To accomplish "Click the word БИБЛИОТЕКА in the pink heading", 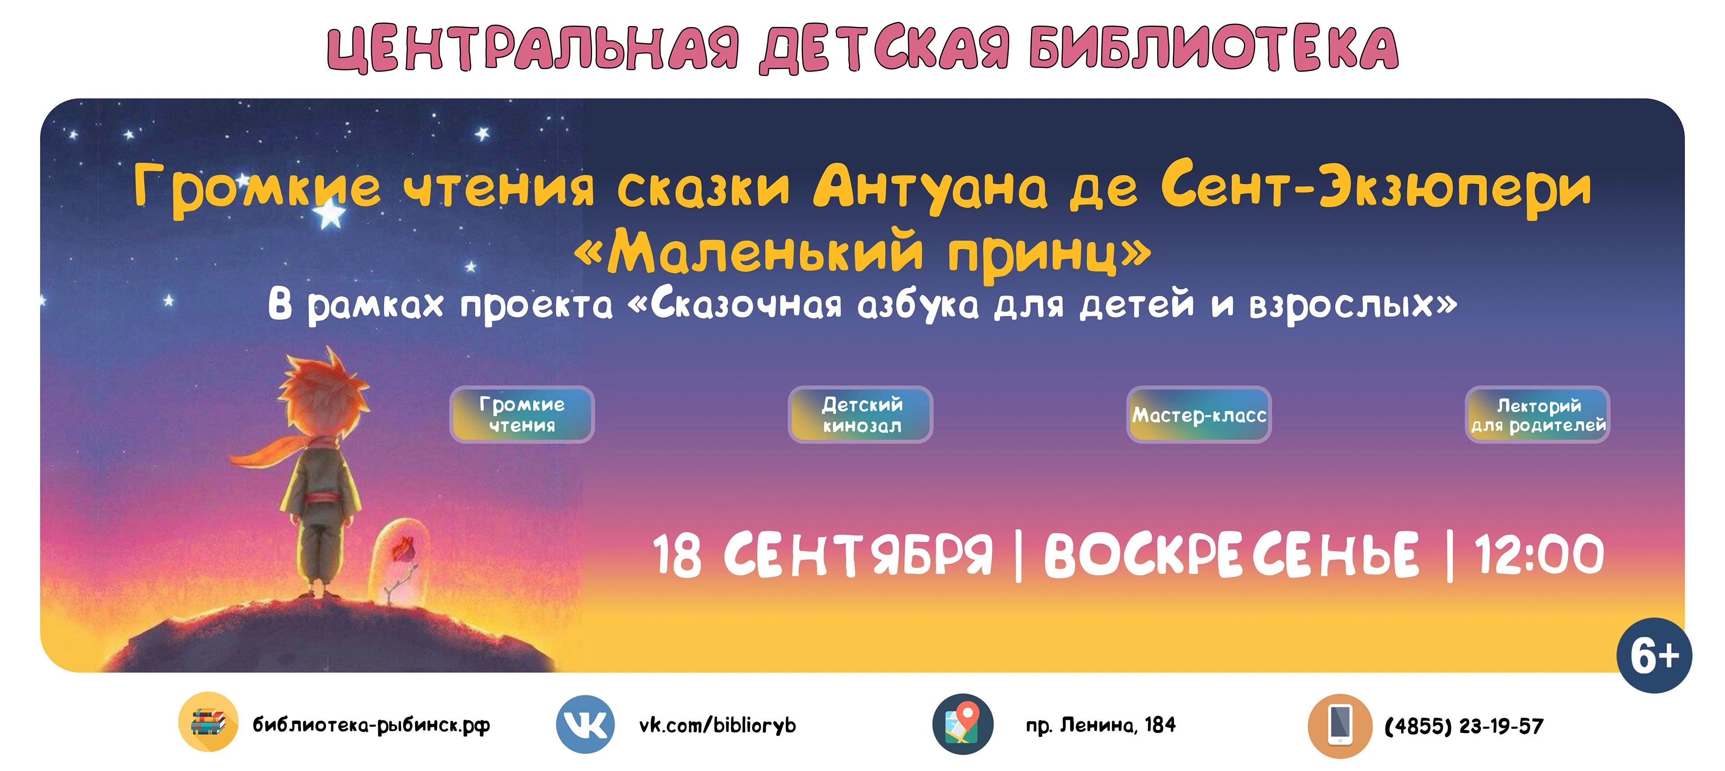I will tap(1213, 48).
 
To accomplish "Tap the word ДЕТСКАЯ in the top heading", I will tap(884, 48).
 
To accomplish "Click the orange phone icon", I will tap(1339, 726).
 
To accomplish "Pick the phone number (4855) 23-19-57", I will tap(1464, 726).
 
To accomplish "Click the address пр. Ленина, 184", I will tap(1100, 725).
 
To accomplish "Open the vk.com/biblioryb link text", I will tap(717, 725).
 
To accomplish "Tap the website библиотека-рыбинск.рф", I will tap(371, 725).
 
